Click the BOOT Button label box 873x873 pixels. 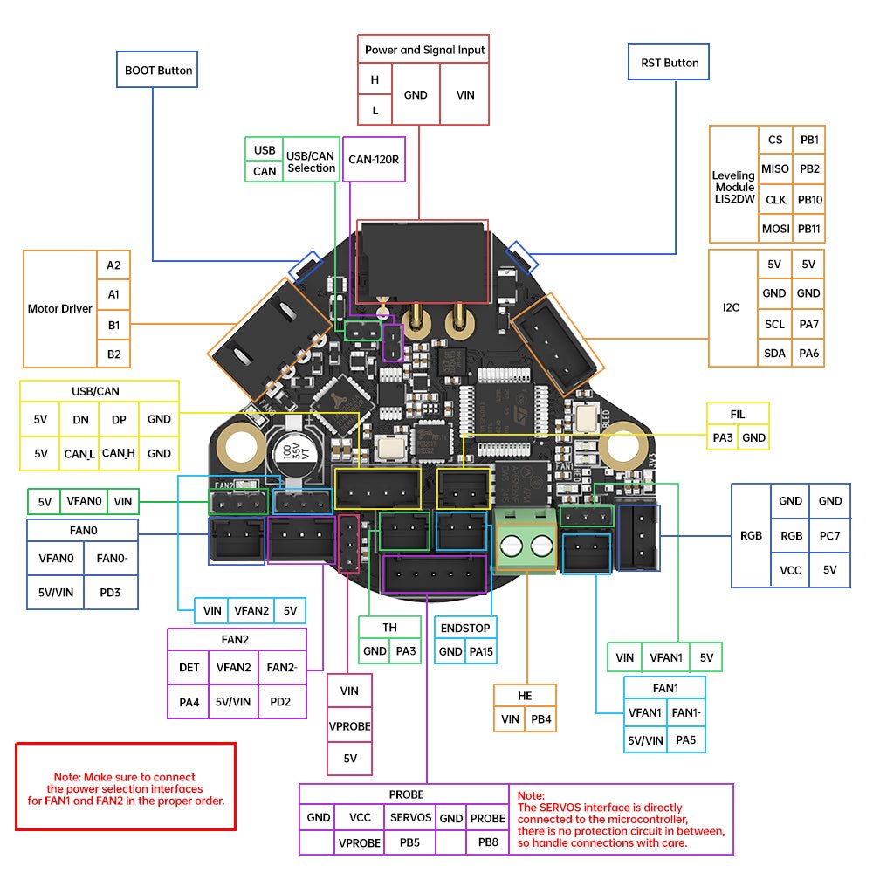tap(157, 70)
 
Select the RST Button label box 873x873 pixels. tap(669, 63)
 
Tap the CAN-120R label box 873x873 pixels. tap(374, 159)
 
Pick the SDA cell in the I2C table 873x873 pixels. tap(774, 353)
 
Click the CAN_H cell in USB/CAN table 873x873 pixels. tap(119, 453)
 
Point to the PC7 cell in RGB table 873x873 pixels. tap(829, 535)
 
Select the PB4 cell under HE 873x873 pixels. tap(540, 720)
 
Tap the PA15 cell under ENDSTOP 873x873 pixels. tap(480, 651)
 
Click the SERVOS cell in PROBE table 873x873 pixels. tap(410, 818)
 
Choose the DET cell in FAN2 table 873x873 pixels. tap(189, 668)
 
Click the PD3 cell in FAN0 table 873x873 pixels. tap(110, 593)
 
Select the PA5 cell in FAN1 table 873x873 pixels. tap(685, 739)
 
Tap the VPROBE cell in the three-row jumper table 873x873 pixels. tap(349, 725)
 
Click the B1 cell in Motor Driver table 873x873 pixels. tap(113, 324)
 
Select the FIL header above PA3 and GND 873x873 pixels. tap(738, 414)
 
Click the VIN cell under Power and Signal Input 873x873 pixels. tap(465, 94)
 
